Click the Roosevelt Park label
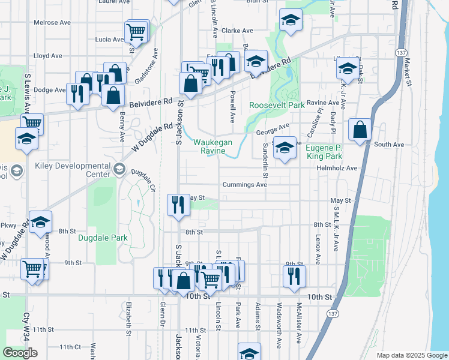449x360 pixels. [277, 104]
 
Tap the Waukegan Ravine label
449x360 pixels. [209, 146]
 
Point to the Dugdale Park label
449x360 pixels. [103, 238]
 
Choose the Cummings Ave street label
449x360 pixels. [244, 185]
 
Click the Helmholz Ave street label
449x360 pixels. [337, 169]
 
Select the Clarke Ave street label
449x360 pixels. [238, 30]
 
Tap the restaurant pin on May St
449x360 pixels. [178, 204]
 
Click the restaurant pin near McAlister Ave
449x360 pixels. [294, 275]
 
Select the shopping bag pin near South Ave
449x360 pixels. [360, 130]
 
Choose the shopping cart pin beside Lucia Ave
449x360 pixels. [137, 32]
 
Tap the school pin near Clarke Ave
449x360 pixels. [291, 22]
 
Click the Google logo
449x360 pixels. [20, 353]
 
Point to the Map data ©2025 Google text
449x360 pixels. [412, 355]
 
